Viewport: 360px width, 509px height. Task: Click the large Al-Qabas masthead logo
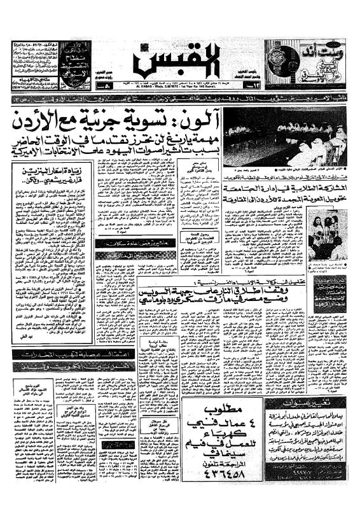tap(179, 62)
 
